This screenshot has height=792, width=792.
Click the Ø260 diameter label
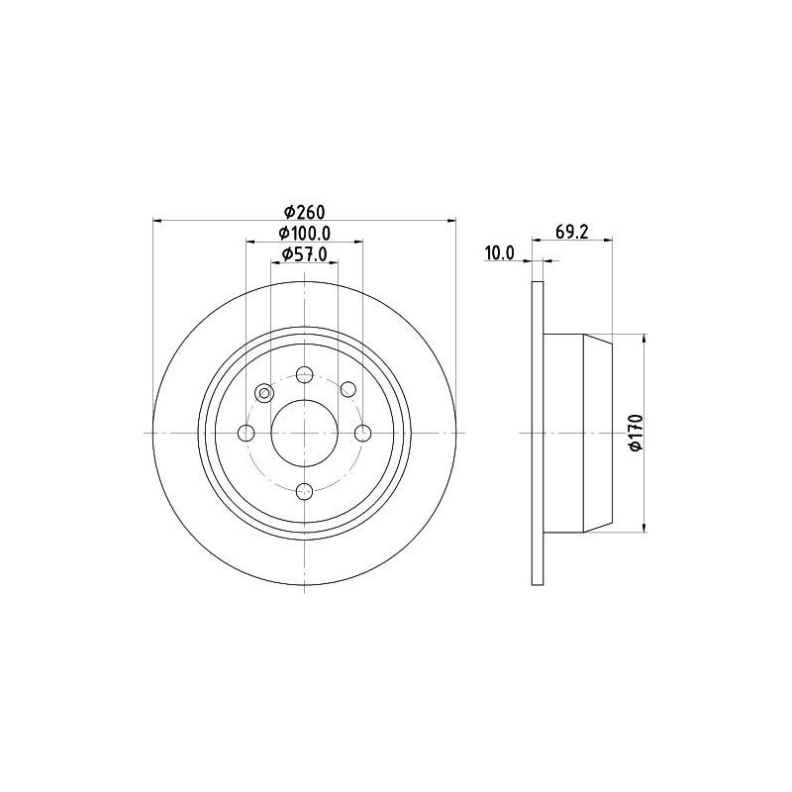[305, 212]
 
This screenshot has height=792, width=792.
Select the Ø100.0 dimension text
[305, 234]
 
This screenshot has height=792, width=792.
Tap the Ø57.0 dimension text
[305, 254]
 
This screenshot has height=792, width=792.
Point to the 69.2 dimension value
[572, 232]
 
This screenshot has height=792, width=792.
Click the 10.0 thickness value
[499, 252]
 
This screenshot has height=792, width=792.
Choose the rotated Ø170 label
[636, 433]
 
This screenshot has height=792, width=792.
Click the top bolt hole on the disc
[305, 375]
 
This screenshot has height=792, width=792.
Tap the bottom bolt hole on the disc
[305, 491]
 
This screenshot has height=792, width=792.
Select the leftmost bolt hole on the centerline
[247, 433]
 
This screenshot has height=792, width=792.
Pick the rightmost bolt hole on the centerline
[362, 433]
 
